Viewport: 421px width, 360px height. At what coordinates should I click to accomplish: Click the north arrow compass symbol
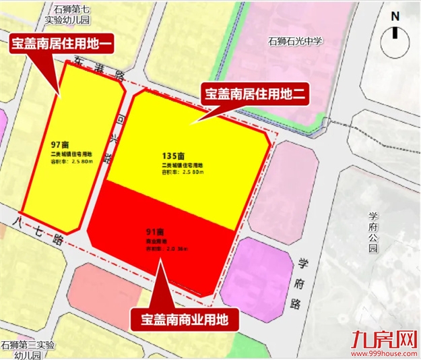(x=395, y=42)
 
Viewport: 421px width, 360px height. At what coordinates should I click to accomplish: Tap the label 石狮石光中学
(x=295, y=41)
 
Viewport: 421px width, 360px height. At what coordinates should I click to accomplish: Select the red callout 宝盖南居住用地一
(x=61, y=44)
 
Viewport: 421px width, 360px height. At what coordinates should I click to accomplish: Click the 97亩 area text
(x=61, y=145)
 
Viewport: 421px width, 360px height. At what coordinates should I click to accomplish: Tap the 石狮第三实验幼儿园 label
(x=28, y=350)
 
